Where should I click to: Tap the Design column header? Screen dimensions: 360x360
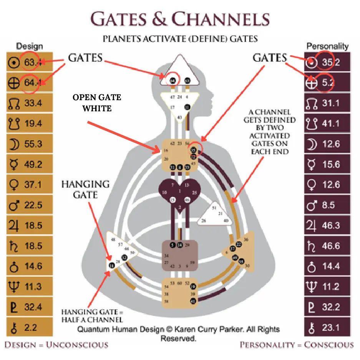(x=29, y=46)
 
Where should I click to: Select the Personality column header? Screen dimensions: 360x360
(x=327, y=46)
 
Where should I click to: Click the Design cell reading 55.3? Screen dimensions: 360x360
(x=29, y=144)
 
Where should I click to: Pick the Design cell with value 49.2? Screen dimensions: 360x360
(x=29, y=164)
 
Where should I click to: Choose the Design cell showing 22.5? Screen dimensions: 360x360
(x=29, y=205)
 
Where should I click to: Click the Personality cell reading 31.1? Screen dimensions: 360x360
(x=327, y=103)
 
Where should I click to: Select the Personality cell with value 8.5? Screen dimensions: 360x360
(x=327, y=205)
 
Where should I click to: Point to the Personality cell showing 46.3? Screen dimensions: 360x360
(x=327, y=225)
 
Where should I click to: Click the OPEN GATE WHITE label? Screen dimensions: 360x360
(x=97, y=103)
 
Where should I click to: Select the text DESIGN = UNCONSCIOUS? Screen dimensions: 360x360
(x=56, y=345)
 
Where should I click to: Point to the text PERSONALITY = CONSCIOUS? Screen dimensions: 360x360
(x=296, y=345)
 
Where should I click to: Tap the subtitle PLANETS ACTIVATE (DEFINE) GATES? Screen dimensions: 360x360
(x=180, y=38)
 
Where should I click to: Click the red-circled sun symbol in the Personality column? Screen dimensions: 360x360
(x=312, y=63)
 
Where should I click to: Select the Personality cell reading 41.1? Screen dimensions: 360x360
(x=327, y=124)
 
